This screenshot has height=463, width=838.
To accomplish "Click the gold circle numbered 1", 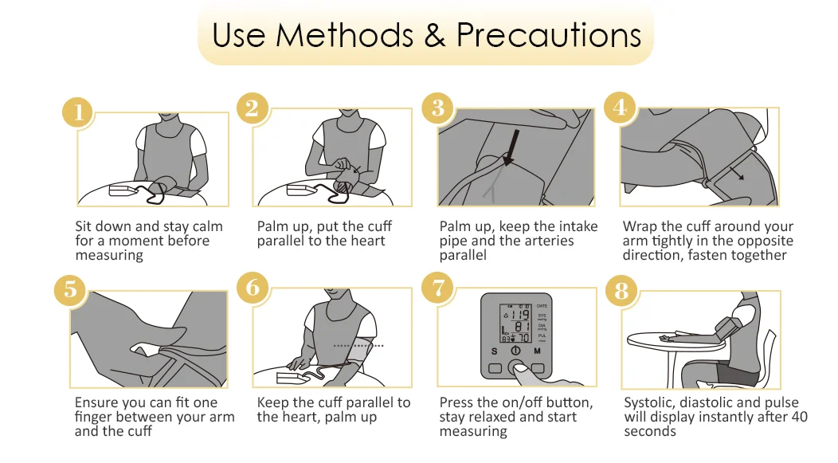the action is pyautogui.click(x=79, y=112).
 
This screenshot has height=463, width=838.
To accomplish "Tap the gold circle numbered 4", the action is pyautogui.click(x=620, y=107).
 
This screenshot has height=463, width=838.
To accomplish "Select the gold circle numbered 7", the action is pyautogui.click(x=437, y=288).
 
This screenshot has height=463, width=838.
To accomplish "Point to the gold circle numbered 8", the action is pyautogui.click(x=621, y=291).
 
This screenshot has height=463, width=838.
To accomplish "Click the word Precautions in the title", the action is pyautogui.click(x=549, y=35).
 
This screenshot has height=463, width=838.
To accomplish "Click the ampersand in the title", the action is pyautogui.click(x=435, y=36).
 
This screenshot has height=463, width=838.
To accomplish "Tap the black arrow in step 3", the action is pyautogui.click(x=512, y=147).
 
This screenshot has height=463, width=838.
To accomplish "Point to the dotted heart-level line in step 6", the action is pyautogui.click(x=358, y=346).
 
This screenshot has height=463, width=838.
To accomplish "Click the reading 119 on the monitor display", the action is pyautogui.click(x=519, y=314).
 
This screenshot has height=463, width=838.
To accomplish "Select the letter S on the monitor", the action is pyautogui.click(x=495, y=351).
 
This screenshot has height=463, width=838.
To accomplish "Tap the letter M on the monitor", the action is pyautogui.click(x=537, y=351).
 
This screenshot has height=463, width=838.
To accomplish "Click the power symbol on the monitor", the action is pyautogui.click(x=515, y=351).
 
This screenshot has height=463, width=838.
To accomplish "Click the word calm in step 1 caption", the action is pyautogui.click(x=207, y=226).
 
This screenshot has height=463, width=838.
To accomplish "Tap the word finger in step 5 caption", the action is pyautogui.click(x=93, y=417).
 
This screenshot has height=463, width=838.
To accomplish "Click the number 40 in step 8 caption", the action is pyautogui.click(x=799, y=417).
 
